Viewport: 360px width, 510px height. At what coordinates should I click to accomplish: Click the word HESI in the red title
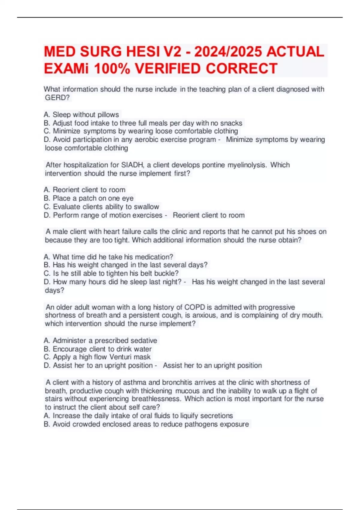[143, 52]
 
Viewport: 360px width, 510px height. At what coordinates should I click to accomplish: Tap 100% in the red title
[112, 69]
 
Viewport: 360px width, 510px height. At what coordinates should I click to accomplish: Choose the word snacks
[231, 123]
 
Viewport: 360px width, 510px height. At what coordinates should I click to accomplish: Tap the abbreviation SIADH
[132, 165]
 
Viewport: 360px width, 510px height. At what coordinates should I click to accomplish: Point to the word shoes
[308, 232]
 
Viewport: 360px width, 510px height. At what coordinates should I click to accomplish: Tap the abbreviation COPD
[194, 307]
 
